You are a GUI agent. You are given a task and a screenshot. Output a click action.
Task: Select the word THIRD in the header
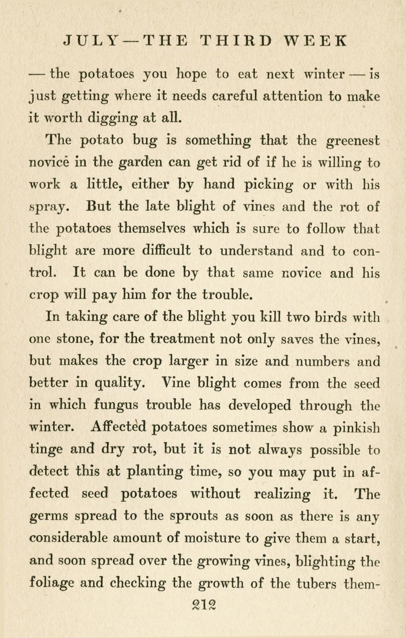point(236,40)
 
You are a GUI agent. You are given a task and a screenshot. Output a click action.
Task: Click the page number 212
point(203,605)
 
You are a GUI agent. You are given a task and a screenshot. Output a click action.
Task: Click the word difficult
point(166,251)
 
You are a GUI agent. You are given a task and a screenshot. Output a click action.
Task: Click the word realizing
point(282,494)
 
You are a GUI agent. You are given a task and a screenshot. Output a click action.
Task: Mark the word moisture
point(214,538)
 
